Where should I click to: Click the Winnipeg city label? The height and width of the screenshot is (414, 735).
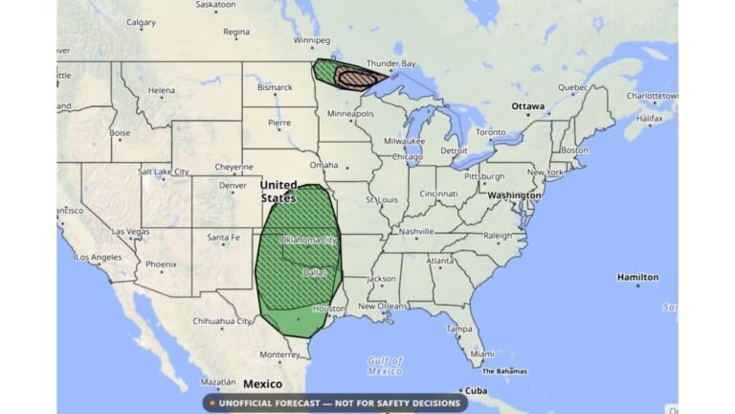pos(312,40)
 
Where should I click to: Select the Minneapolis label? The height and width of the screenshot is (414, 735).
pos(350,113)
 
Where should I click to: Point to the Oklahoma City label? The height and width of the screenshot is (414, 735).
pos(308,241)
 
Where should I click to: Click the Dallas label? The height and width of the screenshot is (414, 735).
pos(315,271)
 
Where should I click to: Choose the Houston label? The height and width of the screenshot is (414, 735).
pos(328,309)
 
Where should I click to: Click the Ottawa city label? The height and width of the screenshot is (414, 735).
pos(527,105)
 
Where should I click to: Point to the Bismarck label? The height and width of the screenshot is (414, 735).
pos(274,87)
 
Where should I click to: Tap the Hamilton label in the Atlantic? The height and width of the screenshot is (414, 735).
pos(637,277)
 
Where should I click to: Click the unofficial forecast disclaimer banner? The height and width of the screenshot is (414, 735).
pos(335,403)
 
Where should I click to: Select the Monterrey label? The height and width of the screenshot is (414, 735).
pos(279,354)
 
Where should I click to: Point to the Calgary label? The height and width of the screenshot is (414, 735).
pos(141,22)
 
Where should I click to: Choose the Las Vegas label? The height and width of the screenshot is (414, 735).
pos(130,232)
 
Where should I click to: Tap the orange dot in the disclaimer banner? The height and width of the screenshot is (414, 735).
pos(212,403)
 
